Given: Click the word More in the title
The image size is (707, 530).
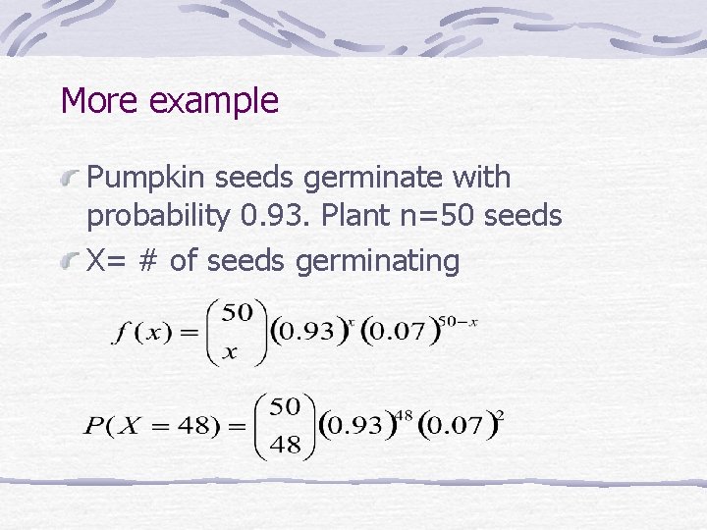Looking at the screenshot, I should tap(94, 100).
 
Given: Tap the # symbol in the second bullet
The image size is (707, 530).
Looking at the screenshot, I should tap(149, 260).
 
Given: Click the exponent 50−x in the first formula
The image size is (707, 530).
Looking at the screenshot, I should tap(459, 321).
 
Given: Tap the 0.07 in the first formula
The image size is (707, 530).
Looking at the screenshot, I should tap(398, 331).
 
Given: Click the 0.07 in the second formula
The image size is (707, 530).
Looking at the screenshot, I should tap(455, 426).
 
